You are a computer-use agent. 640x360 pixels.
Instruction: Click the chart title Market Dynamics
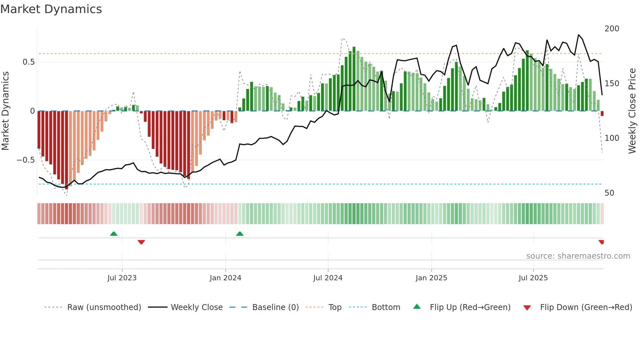pos(51,9)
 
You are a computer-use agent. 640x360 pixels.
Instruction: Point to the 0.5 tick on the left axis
pos(28,62)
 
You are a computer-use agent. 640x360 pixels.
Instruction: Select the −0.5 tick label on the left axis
pos(26,160)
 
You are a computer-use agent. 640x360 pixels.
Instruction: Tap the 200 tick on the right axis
pos(612,29)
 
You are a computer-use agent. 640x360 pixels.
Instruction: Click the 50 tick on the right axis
pos(609,193)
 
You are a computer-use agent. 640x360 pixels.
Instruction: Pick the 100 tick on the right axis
pos(612,138)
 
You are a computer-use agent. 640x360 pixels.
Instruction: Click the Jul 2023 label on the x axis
pos(122,278)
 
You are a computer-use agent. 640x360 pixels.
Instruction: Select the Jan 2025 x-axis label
pos(431,278)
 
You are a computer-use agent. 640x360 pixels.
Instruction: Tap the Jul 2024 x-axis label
pos(328,278)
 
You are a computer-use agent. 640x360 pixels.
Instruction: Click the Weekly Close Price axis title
pos(632,111)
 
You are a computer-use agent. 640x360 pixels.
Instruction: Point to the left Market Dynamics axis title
pos(5,111)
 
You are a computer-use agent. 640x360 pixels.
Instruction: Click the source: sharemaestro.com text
pos(578,256)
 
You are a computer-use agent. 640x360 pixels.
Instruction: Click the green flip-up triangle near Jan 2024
pos(240,234)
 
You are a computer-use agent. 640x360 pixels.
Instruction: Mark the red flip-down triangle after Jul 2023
pos(141,242)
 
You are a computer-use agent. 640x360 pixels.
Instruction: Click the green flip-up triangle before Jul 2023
pos(114,234)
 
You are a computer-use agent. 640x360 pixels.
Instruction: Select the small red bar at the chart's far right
pos(602,114)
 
